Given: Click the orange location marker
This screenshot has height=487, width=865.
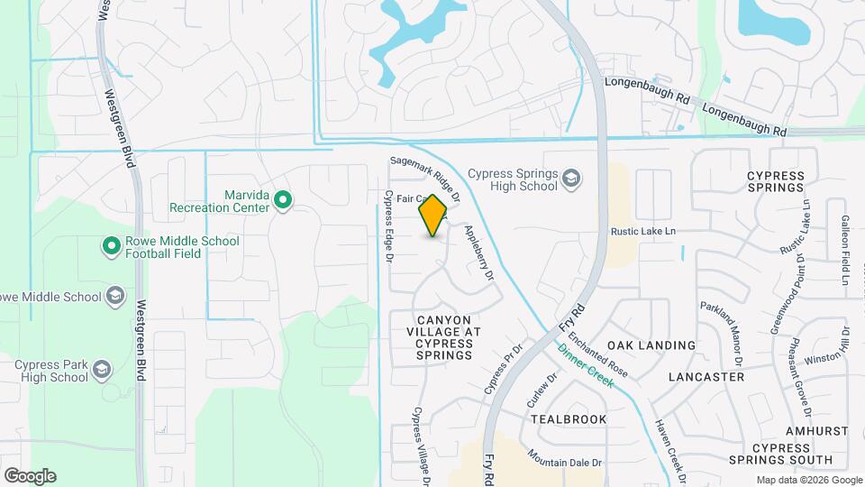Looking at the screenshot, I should coord(433,215).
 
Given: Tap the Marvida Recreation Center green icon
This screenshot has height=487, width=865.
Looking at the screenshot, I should coord(282,199).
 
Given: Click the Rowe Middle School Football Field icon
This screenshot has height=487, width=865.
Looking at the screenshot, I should coord(112,246).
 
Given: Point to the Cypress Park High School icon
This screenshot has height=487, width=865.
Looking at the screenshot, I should coord(102,371).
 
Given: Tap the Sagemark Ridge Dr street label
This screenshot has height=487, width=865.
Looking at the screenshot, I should coord(424,179).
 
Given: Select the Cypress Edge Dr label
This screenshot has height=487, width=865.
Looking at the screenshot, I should coord(389,226).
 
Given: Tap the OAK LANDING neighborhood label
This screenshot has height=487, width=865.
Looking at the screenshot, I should coord(651,345).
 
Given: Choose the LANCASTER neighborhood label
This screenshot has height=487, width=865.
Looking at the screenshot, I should coord(707,377).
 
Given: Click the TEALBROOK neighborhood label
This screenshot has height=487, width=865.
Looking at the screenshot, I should coord(569,419).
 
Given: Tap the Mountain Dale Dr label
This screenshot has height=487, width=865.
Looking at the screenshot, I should coord(565,458).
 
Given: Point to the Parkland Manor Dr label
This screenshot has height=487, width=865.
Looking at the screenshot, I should coord(722,331).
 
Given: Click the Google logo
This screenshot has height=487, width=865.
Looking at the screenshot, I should coord(30,476).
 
